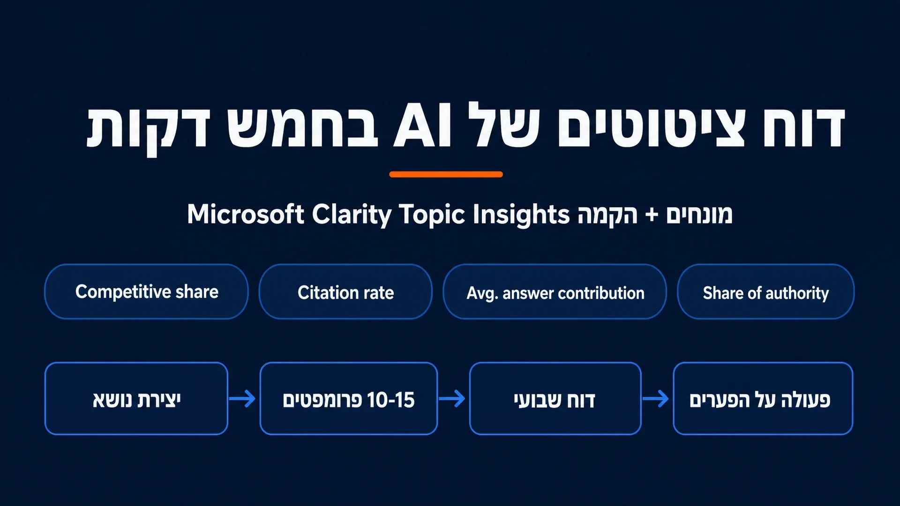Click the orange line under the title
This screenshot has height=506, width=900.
tap(446, 174)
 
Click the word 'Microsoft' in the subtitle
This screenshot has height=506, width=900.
tap(246, 214)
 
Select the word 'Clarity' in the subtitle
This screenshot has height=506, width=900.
tap(352, 215)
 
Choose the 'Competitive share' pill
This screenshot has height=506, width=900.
tap(146, 291)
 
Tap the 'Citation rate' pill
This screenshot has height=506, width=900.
tap(345, 291)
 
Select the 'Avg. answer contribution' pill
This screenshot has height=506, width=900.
tap(555, 291)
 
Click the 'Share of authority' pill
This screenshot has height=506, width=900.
tap(765, 291)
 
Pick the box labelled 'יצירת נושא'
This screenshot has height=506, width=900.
tap(136, 399)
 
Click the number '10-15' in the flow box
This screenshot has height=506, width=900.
tap(391, 400)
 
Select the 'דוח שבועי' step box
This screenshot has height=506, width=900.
tap(555, 399)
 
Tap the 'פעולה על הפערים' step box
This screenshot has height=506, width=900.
tap(763, 399)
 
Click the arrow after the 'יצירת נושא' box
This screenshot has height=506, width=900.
tap(242, 399)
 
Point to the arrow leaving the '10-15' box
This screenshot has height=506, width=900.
tap(452, 399)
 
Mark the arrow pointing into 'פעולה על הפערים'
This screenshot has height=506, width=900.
tap(655, 399)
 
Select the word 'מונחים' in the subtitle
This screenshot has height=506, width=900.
tap(699, 215)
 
